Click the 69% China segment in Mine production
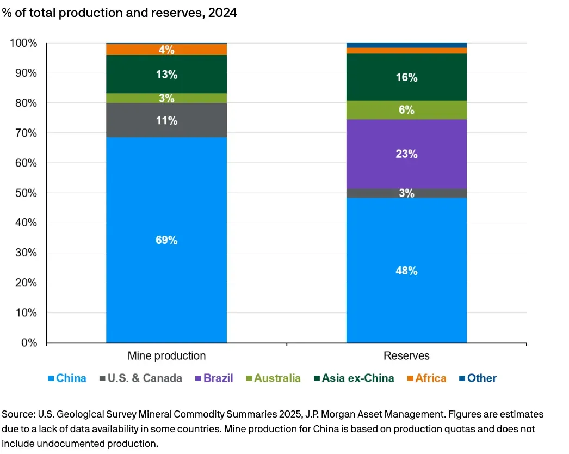[x=166, y=240]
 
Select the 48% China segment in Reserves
[x=406, y=270]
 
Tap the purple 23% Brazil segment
[x=406, y=154]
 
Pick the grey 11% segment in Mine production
[x=166, y=120]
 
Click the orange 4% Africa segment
[x=166, y=50]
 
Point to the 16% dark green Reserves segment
[x=406, y=77]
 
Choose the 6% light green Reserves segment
[x=406, y=110]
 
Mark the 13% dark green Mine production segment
[x=166, y=75]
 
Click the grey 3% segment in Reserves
[x=406, y=193]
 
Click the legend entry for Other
[x=478, y=378]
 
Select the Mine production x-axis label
[x=166, y=356]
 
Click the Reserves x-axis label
[x=406, y=356]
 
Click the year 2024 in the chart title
[x=224, y=13]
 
